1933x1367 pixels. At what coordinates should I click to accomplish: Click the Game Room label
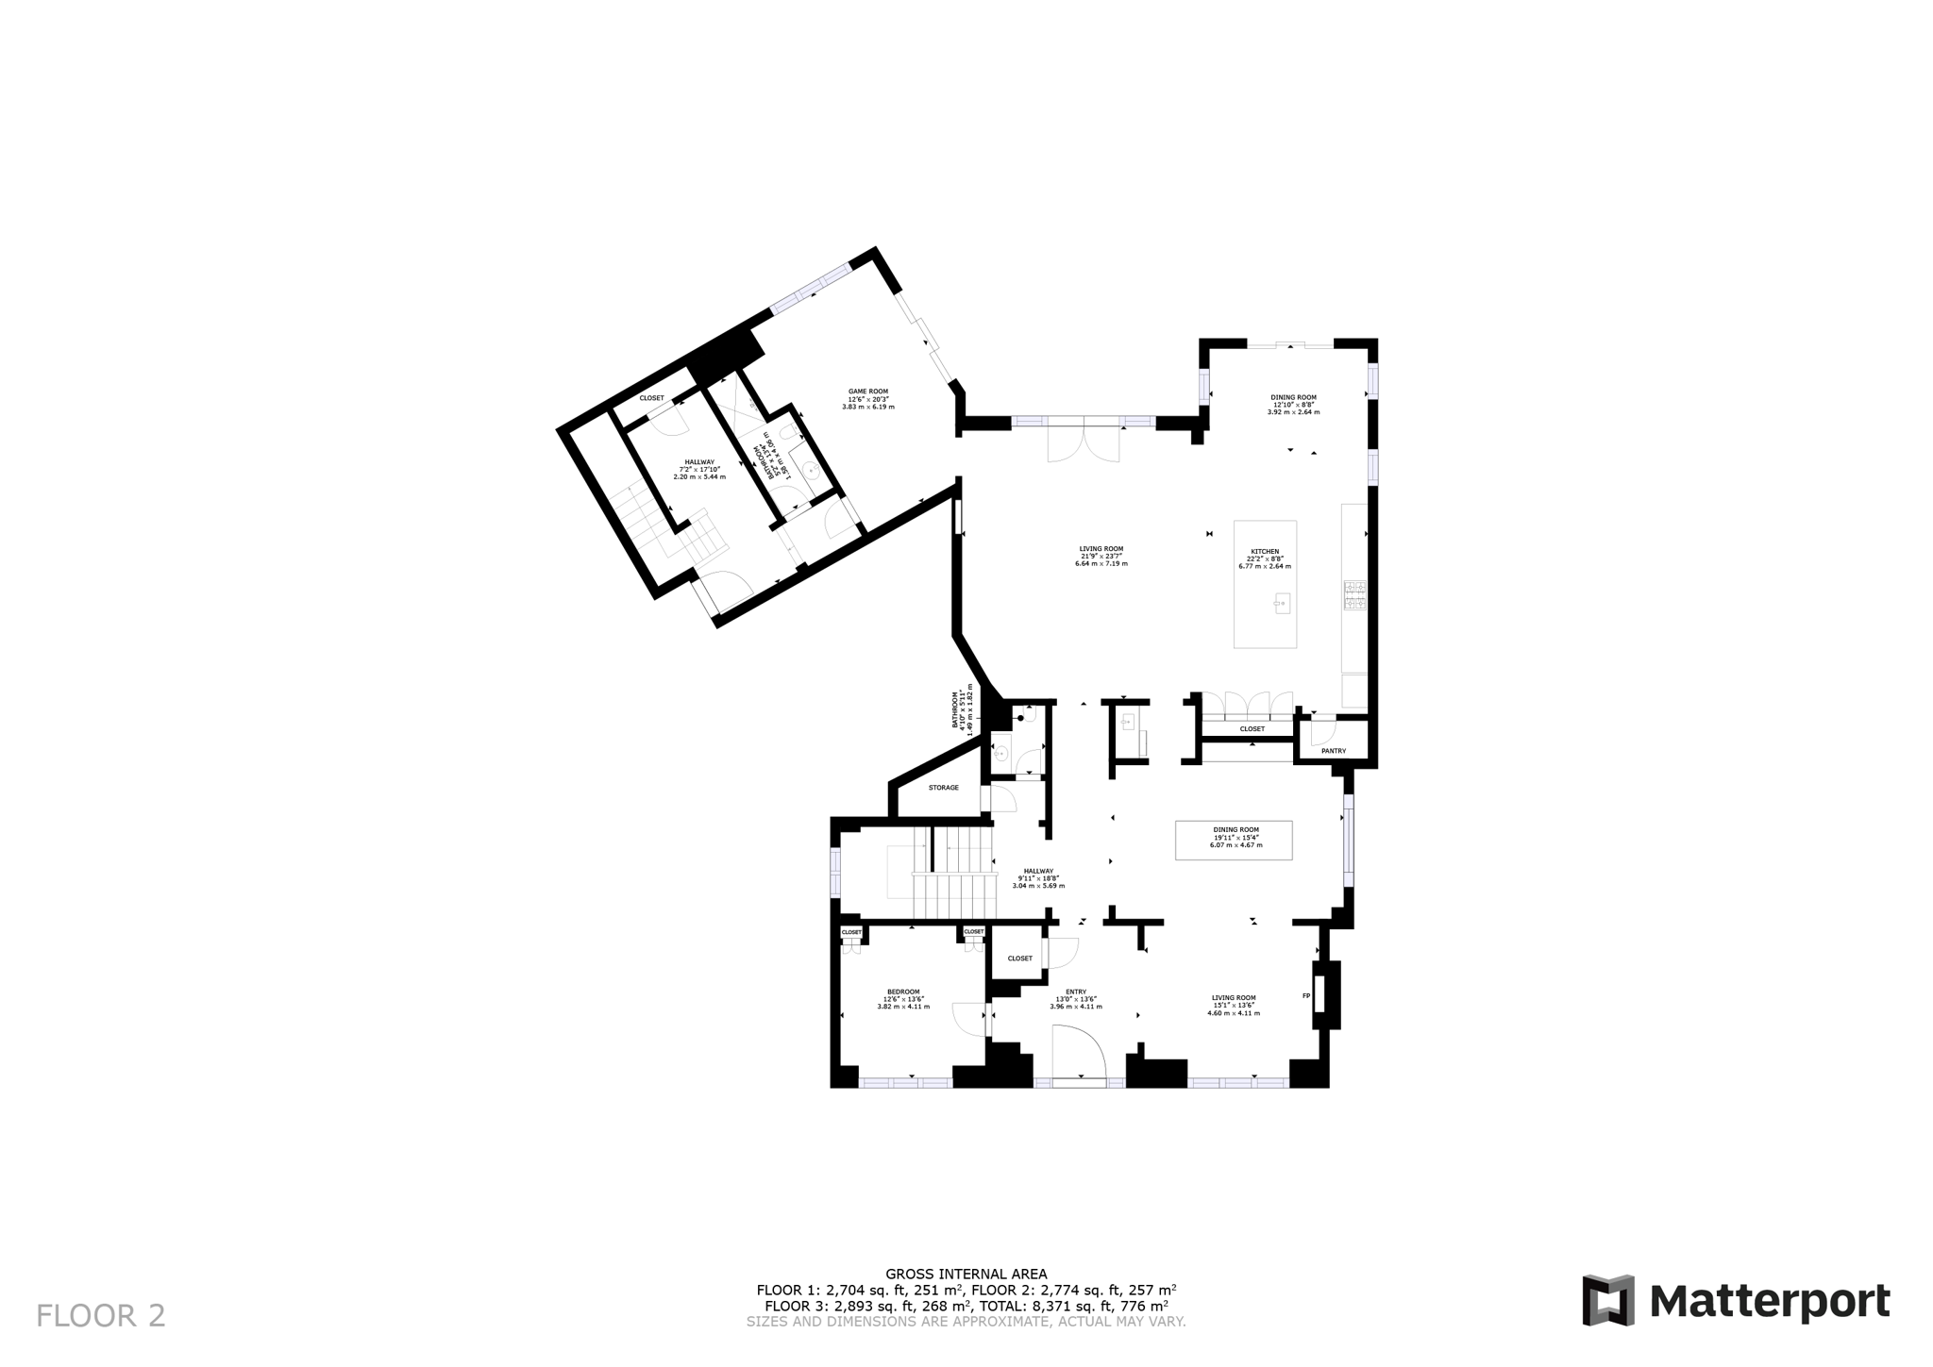coord(867,392)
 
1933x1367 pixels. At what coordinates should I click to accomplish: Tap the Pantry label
coord(1333,751)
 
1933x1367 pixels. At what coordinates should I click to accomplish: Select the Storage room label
coord(943,788)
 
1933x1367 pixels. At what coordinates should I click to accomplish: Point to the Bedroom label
coord(903,992)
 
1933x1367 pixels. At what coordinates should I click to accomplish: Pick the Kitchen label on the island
coord(1265,552)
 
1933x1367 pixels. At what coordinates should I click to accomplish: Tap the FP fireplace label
coord(1306,996)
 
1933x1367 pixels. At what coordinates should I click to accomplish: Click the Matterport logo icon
coord(1607,1300)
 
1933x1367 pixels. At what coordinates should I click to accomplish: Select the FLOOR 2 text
coord(101,1315)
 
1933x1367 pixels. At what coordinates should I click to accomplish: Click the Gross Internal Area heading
coord(966,1274)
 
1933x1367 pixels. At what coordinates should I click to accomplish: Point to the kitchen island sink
coord(1282,603)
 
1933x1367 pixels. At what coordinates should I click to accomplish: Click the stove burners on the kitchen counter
coord(1354,595)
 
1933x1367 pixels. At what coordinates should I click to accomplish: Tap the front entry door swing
coord(1078,1052)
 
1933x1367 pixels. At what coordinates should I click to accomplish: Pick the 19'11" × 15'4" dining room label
coord(1235,838)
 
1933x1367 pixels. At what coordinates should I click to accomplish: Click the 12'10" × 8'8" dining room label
coord(1293,405)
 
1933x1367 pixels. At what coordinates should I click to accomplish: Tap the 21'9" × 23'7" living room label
coord(1101,556)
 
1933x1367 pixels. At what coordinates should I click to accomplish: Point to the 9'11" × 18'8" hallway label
coord(1038,878)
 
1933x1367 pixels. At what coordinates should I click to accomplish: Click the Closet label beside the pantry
coord(1252,729)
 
